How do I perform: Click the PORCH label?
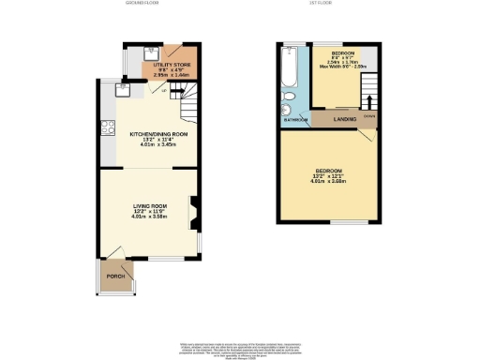(115, 277)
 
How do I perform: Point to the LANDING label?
(334, 119)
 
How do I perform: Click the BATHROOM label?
(295, 120)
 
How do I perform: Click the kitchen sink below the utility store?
(120, 90)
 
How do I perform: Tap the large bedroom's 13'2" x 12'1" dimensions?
(330, 175)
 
